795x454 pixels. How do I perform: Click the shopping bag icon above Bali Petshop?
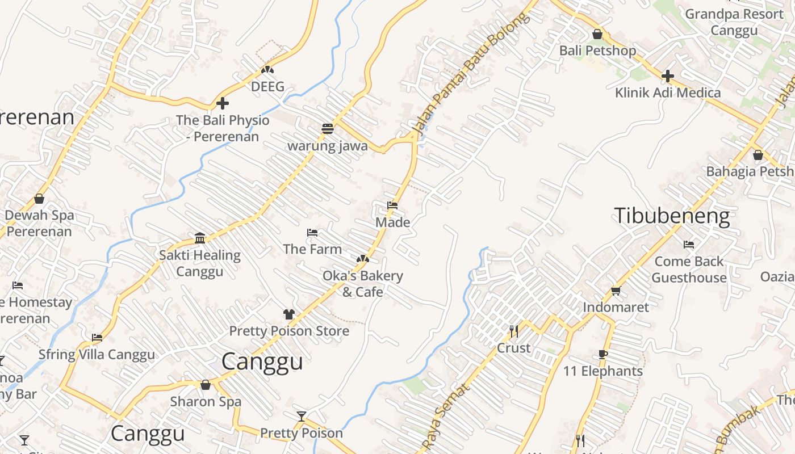coord(597,34)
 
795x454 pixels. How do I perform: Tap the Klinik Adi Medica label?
coord(668,93)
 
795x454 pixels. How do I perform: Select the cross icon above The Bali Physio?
coord(223,103)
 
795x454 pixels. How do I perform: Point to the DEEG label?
coord(267,87)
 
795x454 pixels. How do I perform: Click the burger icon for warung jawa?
coord(327,129)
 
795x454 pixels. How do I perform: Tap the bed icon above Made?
coord(392,205)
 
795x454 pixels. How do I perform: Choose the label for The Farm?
coord(312,249)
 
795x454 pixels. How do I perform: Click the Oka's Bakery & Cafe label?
coord(363,284)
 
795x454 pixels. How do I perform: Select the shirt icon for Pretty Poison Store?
coord(289,314)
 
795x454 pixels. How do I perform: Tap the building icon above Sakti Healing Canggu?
coord(200,238)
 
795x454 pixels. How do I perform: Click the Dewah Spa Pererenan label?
coord(39,223)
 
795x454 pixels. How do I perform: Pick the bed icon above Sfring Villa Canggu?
coord(97,338)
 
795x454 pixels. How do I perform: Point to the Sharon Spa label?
coord(206,401)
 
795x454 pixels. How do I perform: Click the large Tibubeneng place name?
coord(672,216)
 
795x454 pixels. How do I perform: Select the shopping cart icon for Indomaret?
coord(616,291)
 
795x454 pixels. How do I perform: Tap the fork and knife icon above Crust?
coord(514,331)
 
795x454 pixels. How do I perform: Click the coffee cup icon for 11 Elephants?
coord(603,355)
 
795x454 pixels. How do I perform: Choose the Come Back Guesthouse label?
coord(689,270)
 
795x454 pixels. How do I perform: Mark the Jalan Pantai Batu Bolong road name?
coord(471,74)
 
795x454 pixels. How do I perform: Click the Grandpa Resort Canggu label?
coord(734,22)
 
